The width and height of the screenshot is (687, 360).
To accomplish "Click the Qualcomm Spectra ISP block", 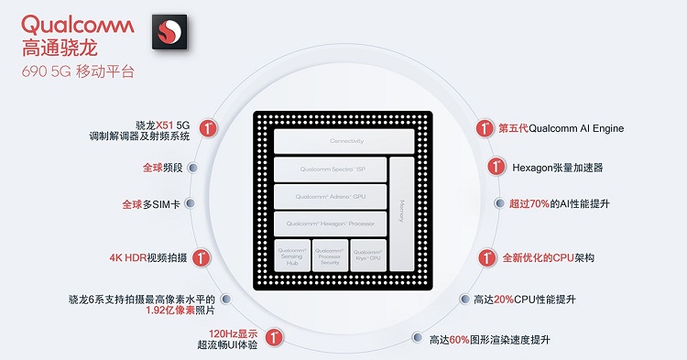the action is tap(329, 169).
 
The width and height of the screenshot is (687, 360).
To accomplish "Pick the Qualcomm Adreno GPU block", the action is tap(329, 196).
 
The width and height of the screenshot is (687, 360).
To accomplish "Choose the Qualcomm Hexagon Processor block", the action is tap(329, 224).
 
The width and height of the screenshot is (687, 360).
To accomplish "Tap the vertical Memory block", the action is tap(401, 206).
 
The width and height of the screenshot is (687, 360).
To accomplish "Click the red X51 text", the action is tap(164, 124).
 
